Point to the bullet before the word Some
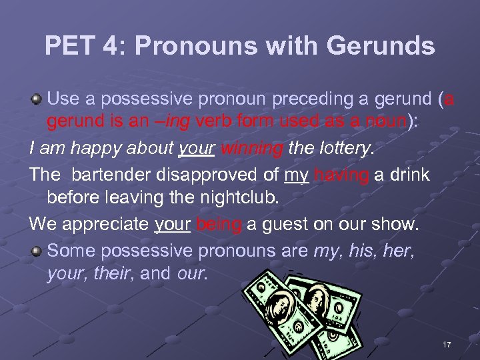37,251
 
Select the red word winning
251,149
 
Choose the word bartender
113,175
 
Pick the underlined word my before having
296,175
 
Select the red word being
219,225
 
